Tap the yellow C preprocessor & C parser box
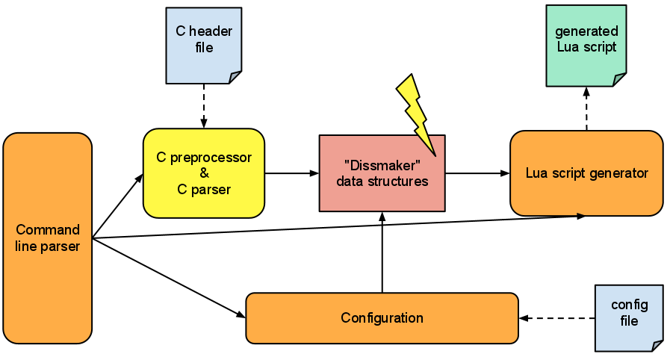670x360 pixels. point(203,173)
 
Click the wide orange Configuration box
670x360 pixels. point(382,318)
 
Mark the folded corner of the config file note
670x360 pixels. point(657,344)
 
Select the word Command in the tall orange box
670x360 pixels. point(48,230)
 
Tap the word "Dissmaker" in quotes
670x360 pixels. point(382,165)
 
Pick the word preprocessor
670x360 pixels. point(213,158)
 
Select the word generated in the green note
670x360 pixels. point(586,31)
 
